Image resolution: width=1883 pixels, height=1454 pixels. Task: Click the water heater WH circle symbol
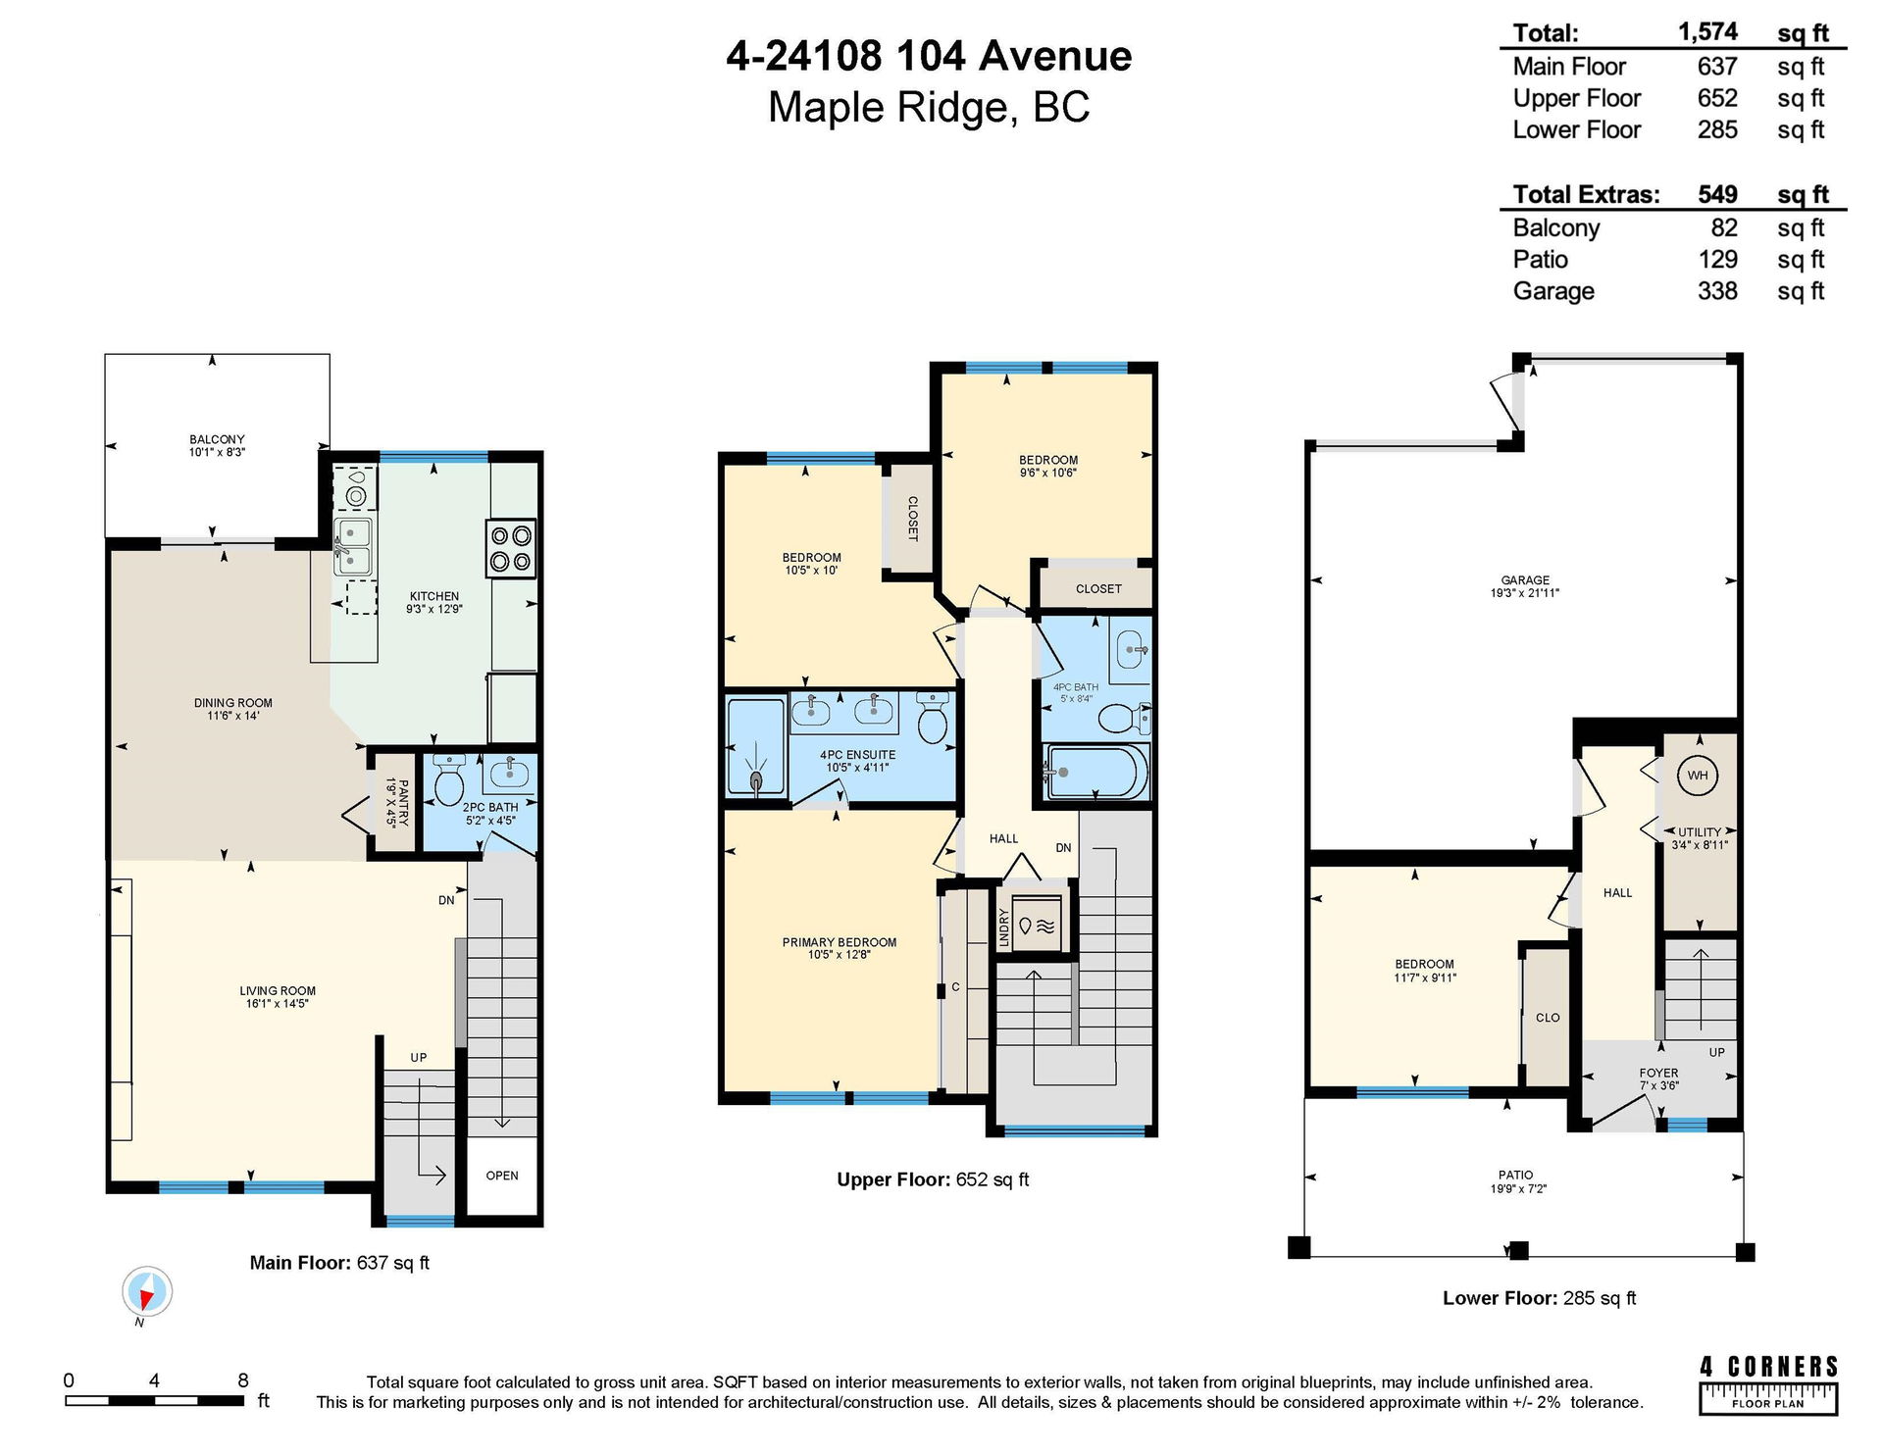(1698, 776)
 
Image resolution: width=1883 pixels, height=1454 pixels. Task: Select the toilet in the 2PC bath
(449, 778)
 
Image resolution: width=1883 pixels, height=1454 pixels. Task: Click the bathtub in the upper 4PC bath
(1096, 773)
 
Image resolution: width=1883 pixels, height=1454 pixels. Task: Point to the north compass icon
(147, 1293)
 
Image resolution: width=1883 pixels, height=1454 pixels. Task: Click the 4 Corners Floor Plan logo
(1768, 1384)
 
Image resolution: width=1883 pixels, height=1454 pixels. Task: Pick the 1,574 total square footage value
(1707, 32)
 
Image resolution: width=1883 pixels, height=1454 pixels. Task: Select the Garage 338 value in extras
(1717, 291)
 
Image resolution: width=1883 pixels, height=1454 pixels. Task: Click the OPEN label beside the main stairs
(502, 1176)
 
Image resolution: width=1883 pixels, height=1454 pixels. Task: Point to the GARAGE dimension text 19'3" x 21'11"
(1524, 593)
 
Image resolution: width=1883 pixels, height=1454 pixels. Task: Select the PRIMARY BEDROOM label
(840, 942)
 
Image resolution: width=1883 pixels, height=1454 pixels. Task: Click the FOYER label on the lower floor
(1658, 1073)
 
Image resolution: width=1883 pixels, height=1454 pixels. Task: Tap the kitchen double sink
(352, 546)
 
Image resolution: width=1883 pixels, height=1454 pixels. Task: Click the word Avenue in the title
(1055, 56)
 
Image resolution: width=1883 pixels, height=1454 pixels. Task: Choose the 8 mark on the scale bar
(243, 1380)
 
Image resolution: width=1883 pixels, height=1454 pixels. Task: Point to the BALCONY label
(217, 440)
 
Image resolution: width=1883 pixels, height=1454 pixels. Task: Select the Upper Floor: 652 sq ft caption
(933, 1179)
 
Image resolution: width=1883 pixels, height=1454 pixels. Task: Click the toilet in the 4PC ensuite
(932, 718)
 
